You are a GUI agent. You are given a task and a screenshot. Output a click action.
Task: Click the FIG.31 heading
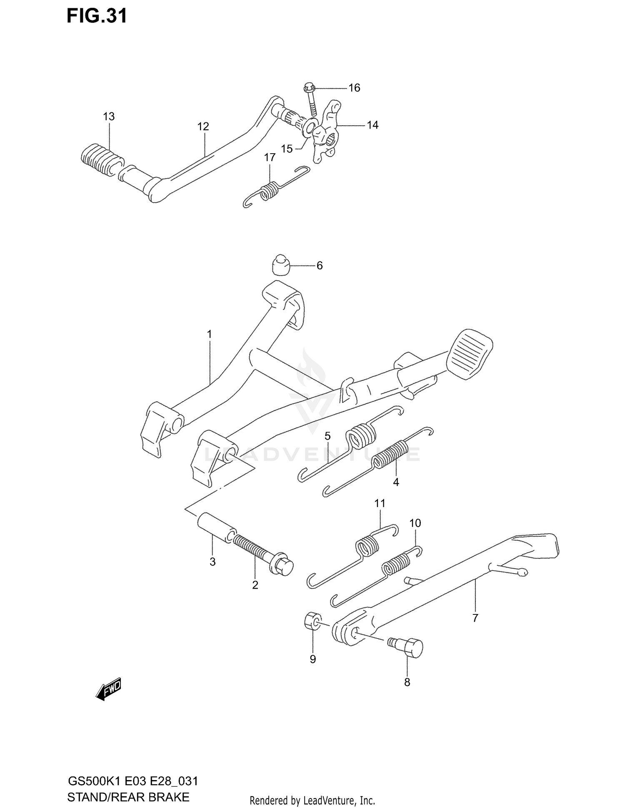pyautogui.click(x=97, y=17)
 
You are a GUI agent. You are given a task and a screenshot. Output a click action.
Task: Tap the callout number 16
pyautogui.click(x=354, y=88)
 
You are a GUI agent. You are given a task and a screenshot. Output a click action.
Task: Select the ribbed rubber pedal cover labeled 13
pyautogui.click(x=101, y=160)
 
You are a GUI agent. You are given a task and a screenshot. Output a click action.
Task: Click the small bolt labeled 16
pyautogui.click(x=311, y=100)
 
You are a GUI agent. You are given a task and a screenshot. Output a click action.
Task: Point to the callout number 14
pyautogui.click(x=372, y=125)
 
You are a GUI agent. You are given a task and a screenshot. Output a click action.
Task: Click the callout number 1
pyautogui.click(x=210, y=334)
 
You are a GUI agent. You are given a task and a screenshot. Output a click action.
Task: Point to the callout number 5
pyautogui.click(x=327, y=436)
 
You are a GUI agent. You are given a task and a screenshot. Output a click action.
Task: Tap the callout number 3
pyautogui.click(x=212, y=562)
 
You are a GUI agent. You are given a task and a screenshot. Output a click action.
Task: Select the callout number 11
pyautogui.click(x=380, y=503)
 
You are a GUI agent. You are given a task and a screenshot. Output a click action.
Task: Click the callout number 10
pyautogui.click(x=415, y=523)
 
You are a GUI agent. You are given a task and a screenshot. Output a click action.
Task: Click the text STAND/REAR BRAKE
pyautogui.click(x=128, y=797)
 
